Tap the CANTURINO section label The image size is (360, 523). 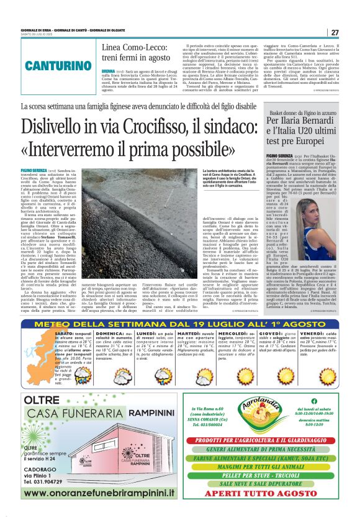[52, 65]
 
